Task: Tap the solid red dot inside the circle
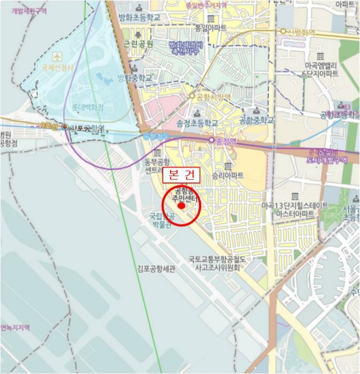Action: pos(181,206)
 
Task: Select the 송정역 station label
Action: pos(224,140)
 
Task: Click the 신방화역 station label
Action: pos(301,32)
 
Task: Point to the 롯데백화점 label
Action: pos(88,107)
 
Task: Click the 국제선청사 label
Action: pos(57,68)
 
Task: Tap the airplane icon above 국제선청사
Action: pos(57,56)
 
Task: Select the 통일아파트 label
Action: pos(211,27)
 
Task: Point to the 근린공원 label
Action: pos(137,43)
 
